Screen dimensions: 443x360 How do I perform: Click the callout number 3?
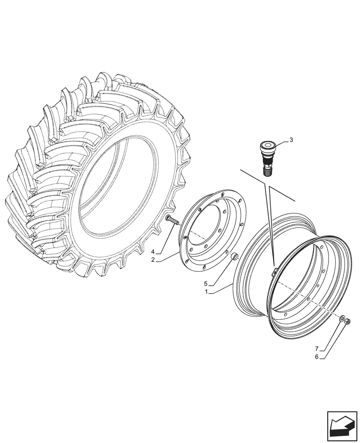(291, 140)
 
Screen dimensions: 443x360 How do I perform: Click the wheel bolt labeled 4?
(172, 219)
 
